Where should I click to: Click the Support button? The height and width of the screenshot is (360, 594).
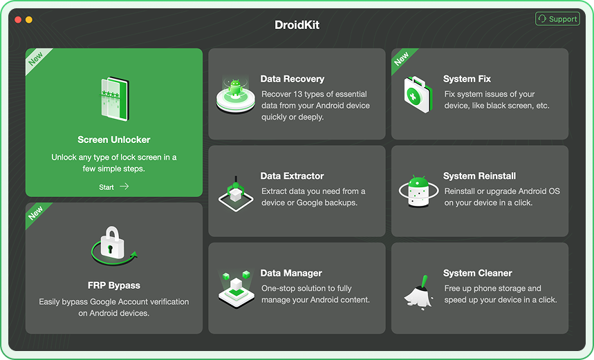557,19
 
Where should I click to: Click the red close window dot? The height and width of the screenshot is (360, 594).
18,20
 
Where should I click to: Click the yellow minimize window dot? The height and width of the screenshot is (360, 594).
29,20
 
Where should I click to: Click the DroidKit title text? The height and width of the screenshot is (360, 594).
297,25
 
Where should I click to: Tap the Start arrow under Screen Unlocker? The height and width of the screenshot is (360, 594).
124,187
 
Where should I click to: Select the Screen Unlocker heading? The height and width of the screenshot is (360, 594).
114,140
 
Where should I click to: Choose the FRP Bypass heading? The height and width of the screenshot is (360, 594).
114,285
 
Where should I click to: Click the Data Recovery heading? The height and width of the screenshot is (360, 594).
292,79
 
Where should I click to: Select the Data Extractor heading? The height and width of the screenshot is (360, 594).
292,176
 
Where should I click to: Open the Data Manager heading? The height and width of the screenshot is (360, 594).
291,273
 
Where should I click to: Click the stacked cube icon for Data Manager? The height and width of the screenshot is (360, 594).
235,287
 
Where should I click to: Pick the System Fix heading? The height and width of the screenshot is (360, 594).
467,79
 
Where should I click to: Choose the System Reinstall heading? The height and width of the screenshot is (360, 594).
479,176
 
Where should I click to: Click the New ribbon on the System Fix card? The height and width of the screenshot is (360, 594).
402,59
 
